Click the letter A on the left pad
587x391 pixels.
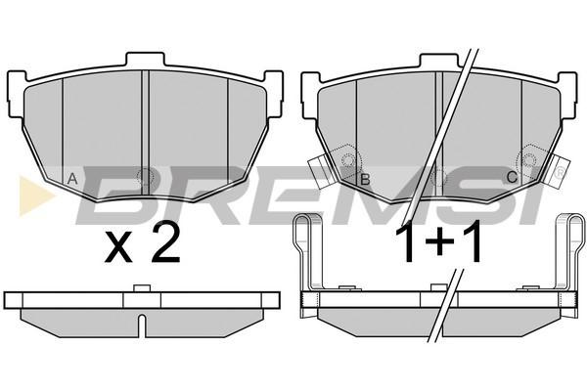click(72, 179)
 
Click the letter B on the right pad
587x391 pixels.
click(365, 180)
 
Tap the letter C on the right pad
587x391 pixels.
click(512, 177)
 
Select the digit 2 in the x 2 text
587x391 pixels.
click(165, 243)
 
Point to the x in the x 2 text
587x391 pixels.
click(118, 246)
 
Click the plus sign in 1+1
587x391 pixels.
click(440, 243)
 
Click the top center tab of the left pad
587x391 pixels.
click(145, 59)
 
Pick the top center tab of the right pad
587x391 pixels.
click(438, 61)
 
